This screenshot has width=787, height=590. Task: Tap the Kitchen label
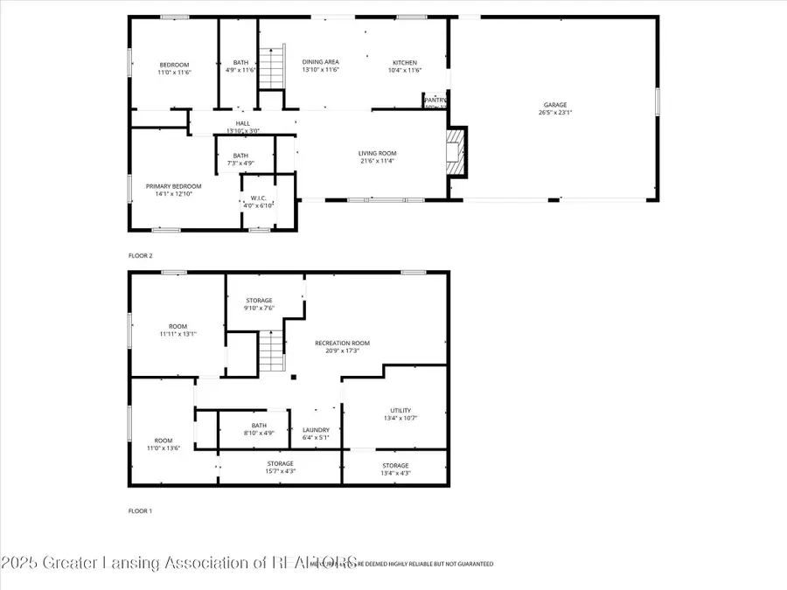404,62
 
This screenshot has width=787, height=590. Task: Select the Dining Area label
321,62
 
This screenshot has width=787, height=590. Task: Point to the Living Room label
377,153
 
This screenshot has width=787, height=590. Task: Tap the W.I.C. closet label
258,198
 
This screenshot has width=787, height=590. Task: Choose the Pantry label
435,101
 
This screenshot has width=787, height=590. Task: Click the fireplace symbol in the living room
456,153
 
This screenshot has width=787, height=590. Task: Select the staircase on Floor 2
273,68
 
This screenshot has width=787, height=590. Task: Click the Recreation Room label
342,343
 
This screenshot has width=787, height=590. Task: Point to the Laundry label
316,430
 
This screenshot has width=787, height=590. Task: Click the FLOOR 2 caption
140,256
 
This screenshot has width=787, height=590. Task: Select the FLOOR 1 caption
140,510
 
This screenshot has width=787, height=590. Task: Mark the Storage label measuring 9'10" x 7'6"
258,301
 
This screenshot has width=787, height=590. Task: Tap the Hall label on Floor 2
242,123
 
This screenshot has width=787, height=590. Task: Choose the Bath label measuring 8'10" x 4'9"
258,426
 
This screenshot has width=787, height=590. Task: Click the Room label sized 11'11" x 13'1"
178,327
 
